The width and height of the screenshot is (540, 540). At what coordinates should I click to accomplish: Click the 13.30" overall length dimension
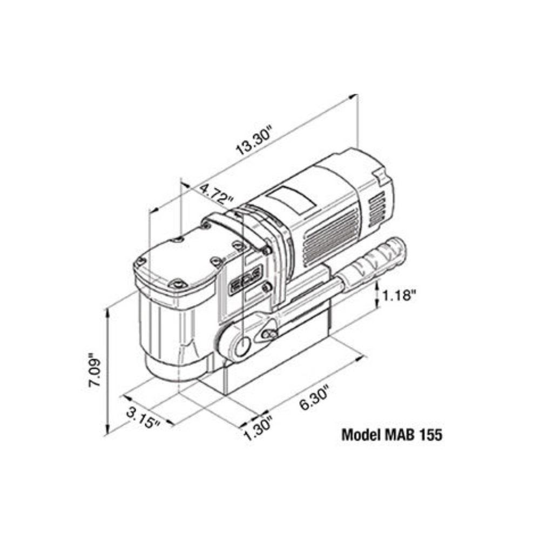point(254,141)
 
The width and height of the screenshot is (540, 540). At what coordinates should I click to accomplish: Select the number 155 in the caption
point(429,434)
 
